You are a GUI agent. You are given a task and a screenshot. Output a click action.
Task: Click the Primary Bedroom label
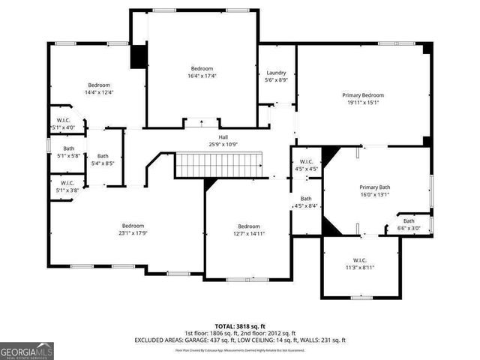pos(363,95)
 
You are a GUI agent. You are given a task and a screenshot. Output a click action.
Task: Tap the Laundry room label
pos(277,73)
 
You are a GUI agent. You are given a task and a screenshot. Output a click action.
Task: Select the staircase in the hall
pos(220,164)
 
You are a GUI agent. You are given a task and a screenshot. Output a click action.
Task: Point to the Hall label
pos(223,137)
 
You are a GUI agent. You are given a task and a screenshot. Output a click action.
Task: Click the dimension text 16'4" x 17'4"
pos(202,76)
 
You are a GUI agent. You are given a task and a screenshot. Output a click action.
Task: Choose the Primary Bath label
pos(374,187)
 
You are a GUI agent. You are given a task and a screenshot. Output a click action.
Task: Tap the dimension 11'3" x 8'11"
pos(359,267)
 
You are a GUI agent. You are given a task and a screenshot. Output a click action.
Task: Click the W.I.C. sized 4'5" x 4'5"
pos(306,165)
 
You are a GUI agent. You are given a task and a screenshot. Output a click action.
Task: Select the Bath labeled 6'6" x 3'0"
pos(409,224)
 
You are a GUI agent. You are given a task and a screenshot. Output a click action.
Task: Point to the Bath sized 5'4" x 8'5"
pos(103,159)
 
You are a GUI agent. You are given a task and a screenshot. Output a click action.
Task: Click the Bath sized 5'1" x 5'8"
pos(68,151)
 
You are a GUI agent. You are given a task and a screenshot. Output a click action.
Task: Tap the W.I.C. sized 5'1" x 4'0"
pos(65,124)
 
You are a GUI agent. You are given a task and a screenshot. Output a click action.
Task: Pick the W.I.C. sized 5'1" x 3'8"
pos(67,186)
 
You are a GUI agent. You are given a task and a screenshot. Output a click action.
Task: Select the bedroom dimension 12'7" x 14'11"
pos(248,233)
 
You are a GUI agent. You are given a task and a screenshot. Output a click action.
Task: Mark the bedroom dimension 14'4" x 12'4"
pos(100,92)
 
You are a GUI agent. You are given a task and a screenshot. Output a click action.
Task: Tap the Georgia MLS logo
pos(27,349)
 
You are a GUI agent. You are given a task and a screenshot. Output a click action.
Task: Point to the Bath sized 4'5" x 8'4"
pos(306,202)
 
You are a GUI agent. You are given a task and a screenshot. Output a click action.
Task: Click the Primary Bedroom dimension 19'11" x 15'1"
pos(363,103)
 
